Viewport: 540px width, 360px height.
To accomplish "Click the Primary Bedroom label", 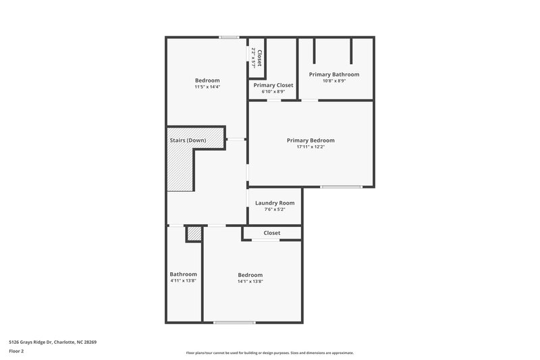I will tap(310, 140).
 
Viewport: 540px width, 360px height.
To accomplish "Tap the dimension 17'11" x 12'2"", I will tap(310, 147).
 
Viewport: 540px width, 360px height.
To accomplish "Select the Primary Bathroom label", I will tap(334, 74).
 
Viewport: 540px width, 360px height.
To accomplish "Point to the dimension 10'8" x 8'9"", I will tap(334, 81).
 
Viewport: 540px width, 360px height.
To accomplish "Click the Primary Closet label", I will tap(273, 85).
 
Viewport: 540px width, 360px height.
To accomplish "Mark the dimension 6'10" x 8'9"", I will tap(273, 92).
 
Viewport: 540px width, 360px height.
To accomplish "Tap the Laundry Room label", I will tap(275, 203).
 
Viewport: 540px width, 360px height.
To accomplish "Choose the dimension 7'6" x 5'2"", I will tap(275, 209).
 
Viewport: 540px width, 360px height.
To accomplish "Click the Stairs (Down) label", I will tap(188, 140).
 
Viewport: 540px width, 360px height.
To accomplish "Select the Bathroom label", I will tap(184, 274).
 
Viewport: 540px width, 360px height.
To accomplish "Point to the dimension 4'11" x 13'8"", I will tap(184, 281).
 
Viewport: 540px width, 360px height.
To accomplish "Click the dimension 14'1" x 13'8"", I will tap(250, 282).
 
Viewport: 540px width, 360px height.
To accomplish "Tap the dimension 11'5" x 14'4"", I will tap(207, 87).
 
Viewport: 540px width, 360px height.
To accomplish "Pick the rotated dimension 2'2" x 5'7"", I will tap(254, 58).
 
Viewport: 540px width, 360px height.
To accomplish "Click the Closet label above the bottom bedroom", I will tap(272, 233).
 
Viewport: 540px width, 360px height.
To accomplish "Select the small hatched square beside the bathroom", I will tap(194, 234).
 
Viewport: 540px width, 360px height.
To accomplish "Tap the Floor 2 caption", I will tap(17, 351).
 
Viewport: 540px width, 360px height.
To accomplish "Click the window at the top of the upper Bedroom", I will tap(229, 37).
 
